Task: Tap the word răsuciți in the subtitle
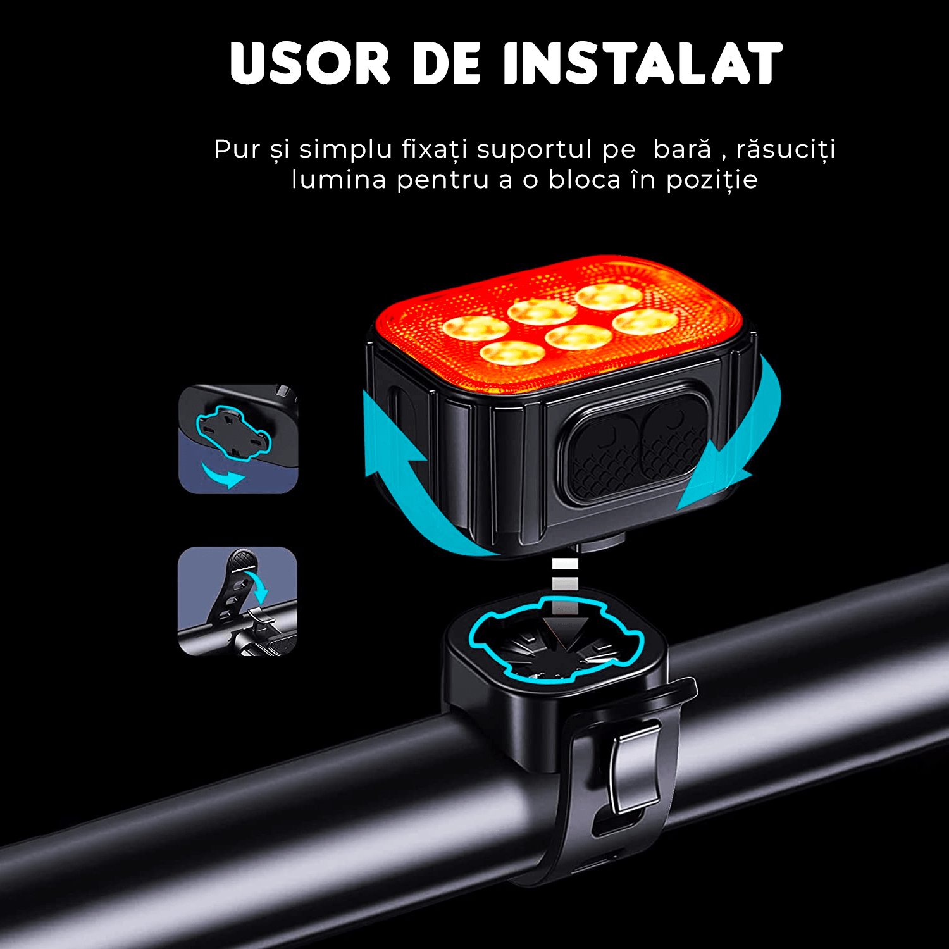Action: [786, 150]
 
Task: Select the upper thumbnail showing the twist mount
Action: [238, 439]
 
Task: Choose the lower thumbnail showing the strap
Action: [238, 601]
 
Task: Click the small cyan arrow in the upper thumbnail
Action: [223, 475]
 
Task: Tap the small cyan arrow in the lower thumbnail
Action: [260, 585]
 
